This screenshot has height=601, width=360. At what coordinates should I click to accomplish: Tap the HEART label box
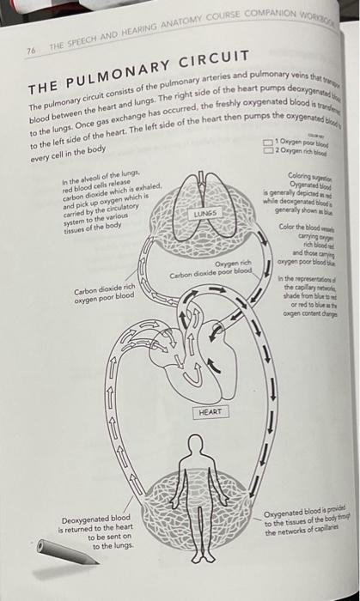click(210, 412)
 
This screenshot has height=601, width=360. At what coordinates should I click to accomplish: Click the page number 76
click(32, 51)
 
